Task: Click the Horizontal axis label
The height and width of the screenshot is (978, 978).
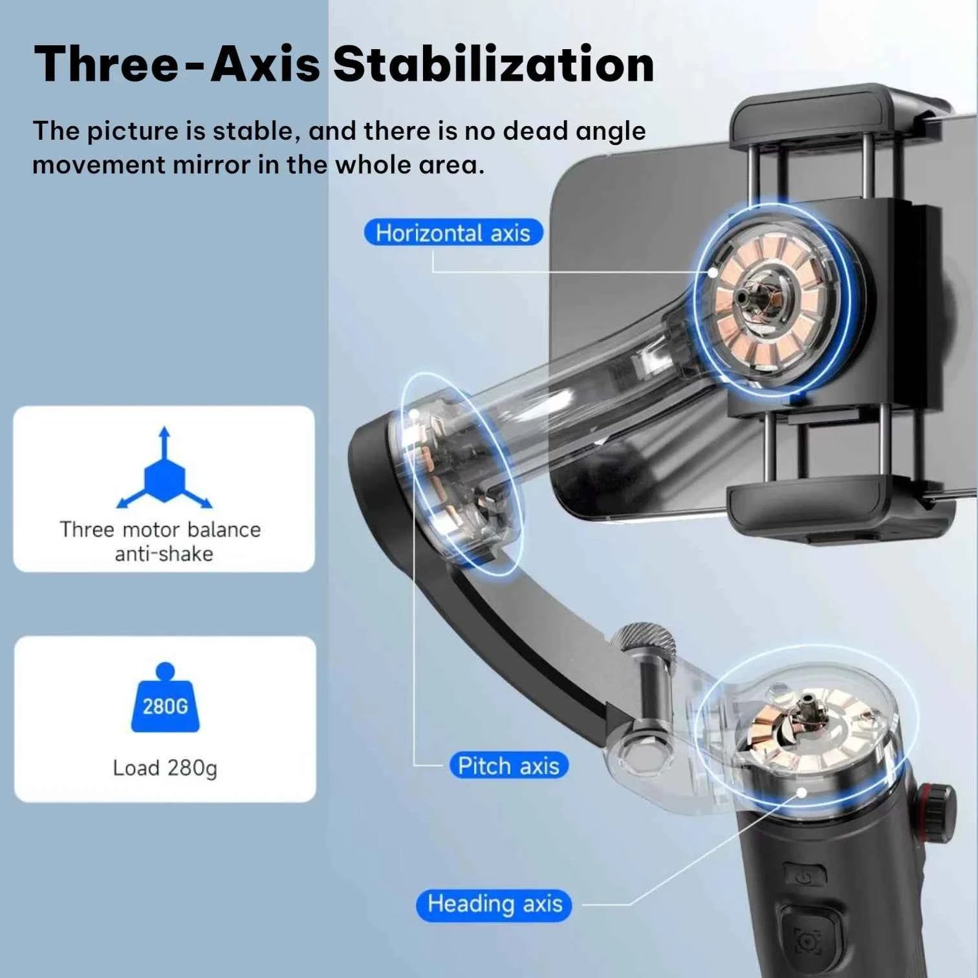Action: tap(453, 233)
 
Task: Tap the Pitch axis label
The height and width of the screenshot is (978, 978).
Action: tap(508, 766)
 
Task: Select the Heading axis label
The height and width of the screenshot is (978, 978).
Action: tap(495, 904)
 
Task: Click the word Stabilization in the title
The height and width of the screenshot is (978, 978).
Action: tap(493, 65)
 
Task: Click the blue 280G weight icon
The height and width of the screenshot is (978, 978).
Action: tap(166, 702)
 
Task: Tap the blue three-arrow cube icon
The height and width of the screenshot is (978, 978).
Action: tap(164, 475)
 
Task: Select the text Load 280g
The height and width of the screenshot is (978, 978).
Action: tap(165, 768)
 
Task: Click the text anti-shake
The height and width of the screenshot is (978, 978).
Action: tap(164, 554)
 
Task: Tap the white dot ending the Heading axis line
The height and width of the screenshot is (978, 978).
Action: tap(802, 791)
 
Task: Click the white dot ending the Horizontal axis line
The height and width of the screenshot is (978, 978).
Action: tap(713, 272)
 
